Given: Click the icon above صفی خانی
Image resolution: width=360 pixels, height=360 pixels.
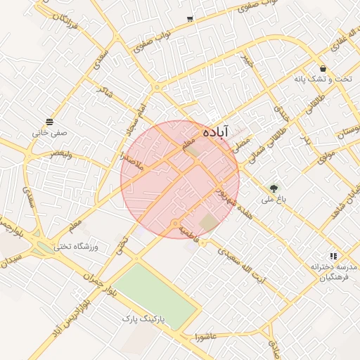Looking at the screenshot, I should point(49,121).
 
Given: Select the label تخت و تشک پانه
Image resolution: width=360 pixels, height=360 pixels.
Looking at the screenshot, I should point(322,79).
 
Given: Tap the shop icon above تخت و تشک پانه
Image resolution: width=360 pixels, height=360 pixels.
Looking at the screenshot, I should point(323,69).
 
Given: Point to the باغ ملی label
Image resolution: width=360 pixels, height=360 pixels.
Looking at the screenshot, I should point(271,200).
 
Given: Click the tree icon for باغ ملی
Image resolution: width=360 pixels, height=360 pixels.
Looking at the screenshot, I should point(273,188).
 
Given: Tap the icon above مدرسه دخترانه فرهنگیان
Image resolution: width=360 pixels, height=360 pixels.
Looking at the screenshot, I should point(333,257).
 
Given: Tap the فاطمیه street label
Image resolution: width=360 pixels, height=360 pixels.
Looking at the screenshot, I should point(190,231).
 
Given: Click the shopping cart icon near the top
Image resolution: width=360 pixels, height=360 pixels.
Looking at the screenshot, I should point(190,19).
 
